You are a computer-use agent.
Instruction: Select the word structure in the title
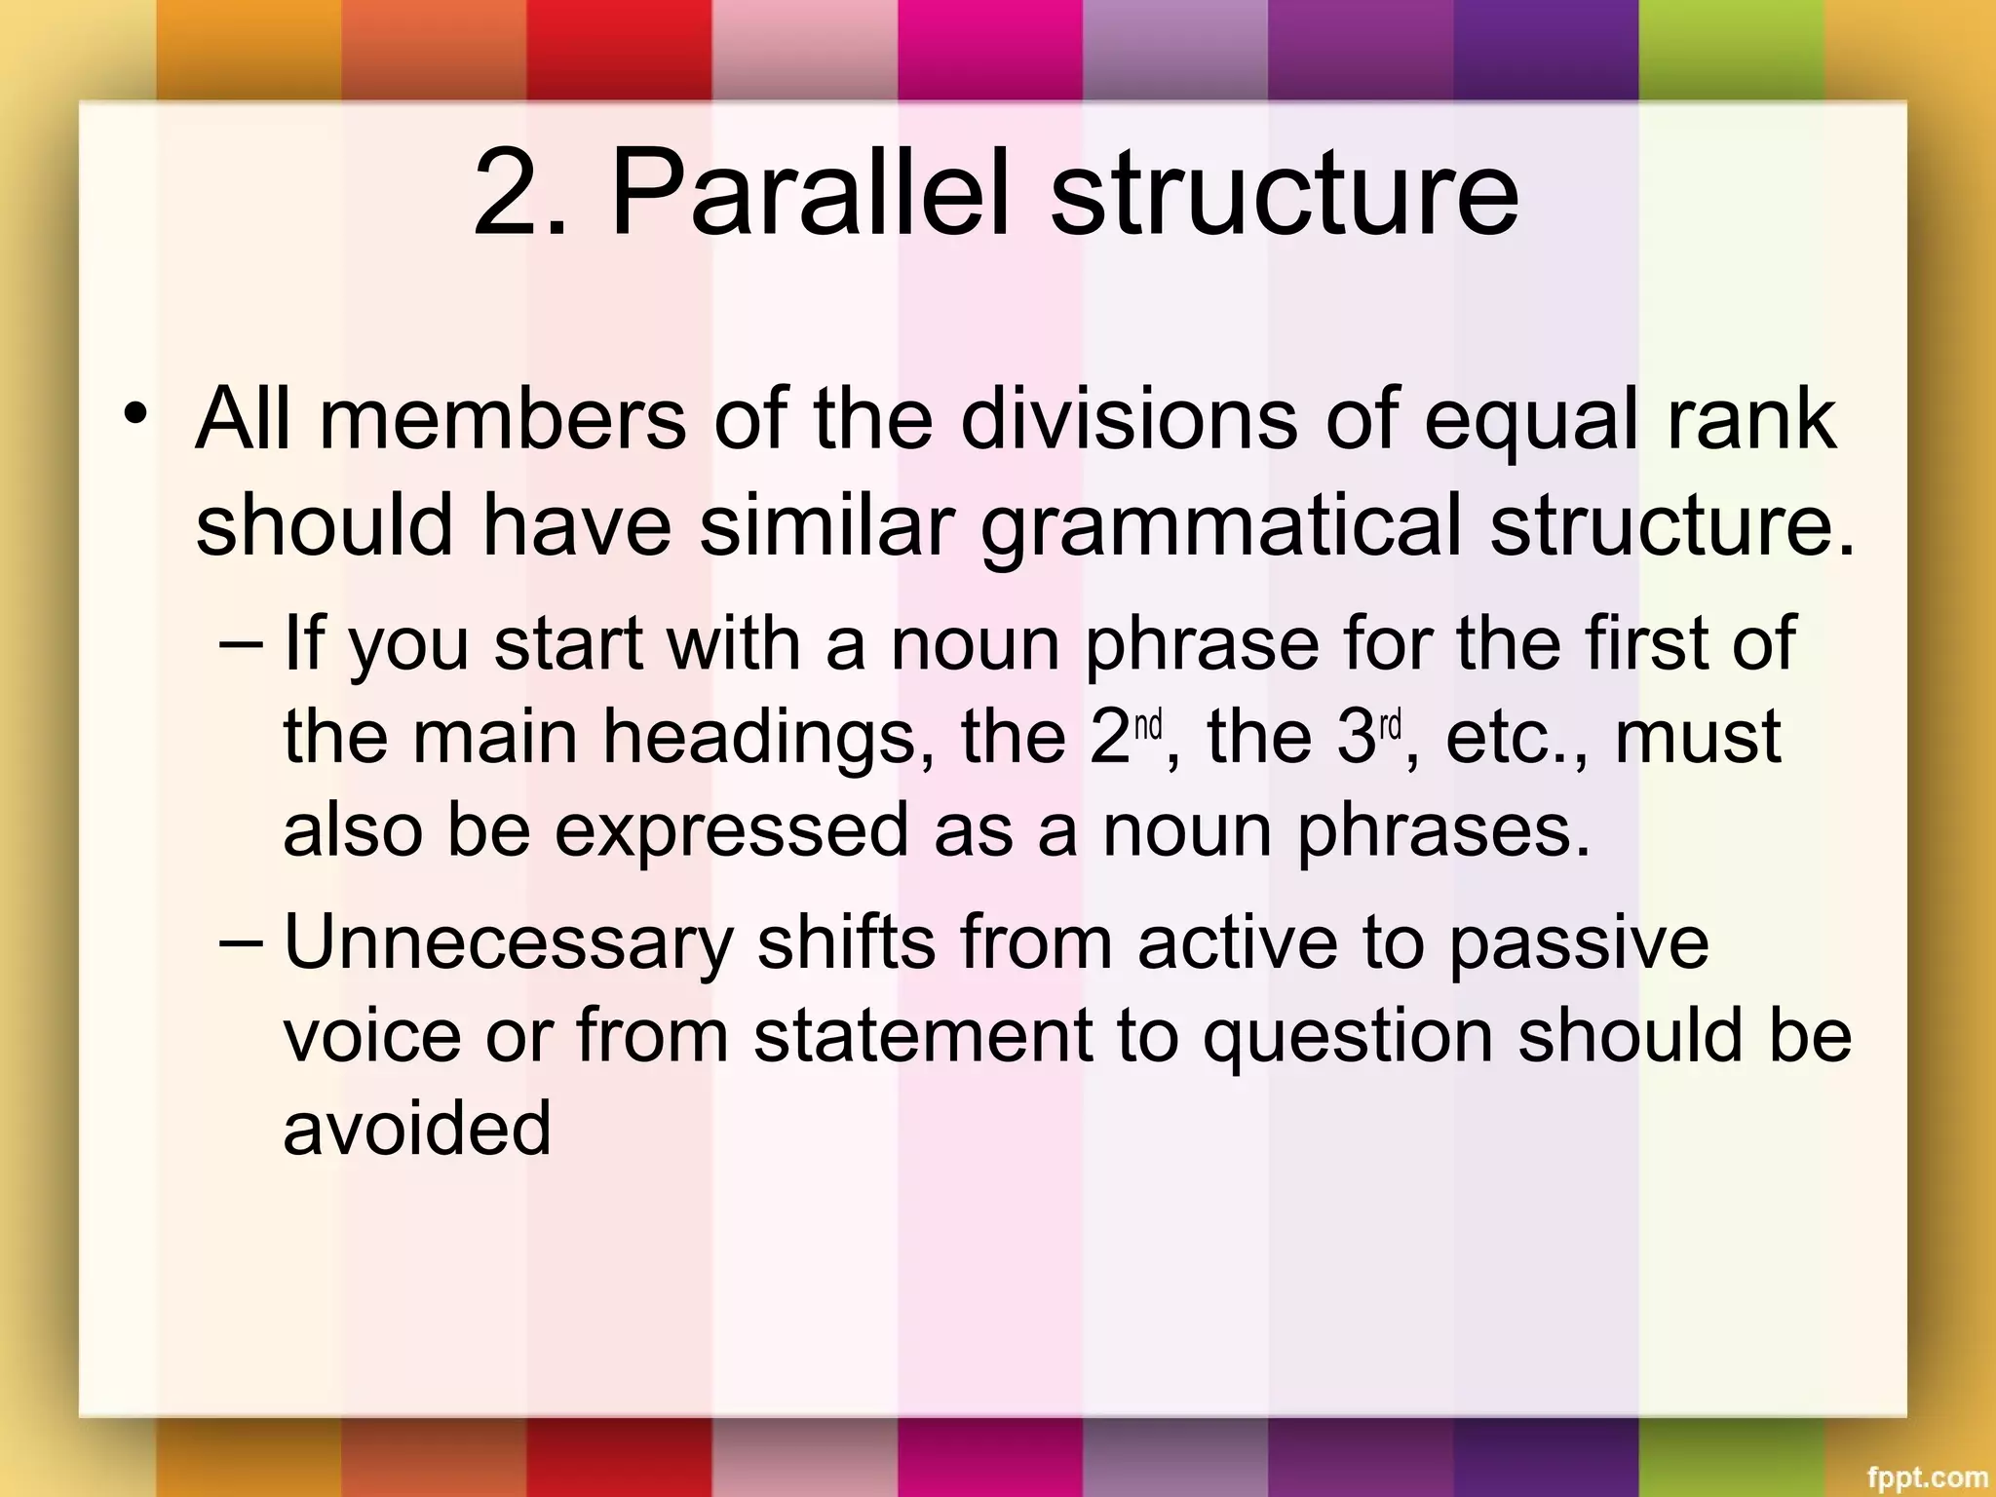(1284, 195)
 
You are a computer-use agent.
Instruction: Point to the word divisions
(1129, 419)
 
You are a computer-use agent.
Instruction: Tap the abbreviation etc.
(1502, 738)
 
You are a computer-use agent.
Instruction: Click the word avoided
(417, 1129)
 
